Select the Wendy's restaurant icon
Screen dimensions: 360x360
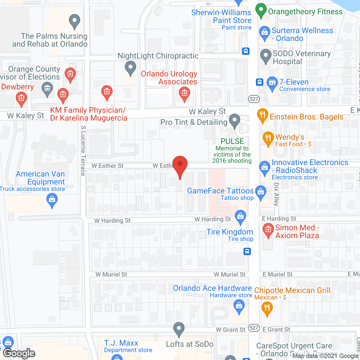tap(268, 138)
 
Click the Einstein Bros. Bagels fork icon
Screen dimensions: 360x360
tap(262, 115)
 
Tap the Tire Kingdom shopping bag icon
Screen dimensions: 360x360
tap(240, 217)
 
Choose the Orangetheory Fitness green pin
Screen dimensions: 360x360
tap(261, 10)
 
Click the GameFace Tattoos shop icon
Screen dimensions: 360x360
tap(261, 192)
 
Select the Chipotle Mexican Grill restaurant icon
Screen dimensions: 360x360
tap(267, 307)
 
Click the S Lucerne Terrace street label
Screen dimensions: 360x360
tap(83, 151)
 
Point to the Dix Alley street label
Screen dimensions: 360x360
tap(276, 194)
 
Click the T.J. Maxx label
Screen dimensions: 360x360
tap(121, 343)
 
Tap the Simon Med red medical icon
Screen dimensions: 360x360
tap(268, 230)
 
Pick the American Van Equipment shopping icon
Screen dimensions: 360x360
tap(52, 200)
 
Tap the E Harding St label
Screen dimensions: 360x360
tap(279, 219)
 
